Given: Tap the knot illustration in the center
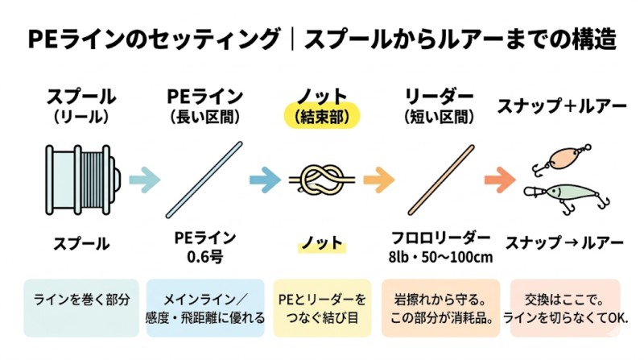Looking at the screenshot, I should pyautogui.click(x=321, y=178).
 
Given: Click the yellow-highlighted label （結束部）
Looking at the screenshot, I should pyautogui.click(x=321, y=116).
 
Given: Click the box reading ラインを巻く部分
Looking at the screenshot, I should pyautogui.click(x=80, y=308).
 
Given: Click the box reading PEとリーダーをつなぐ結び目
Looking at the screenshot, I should pyautogui.click(x=321, y=308).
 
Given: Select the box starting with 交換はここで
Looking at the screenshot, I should pyautogui.click(x=565, y=308).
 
